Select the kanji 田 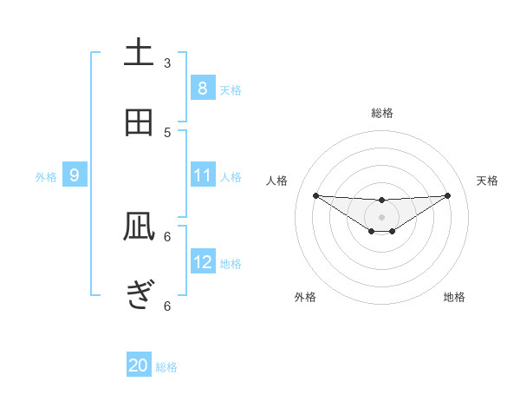(x=139, y=122)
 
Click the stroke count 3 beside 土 (x=167, y=63)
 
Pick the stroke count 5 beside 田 (x=167, y=132)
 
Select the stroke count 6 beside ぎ (x=167, y=306)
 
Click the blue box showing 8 (x=202, y=88)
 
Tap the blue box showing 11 (x=202, y=175)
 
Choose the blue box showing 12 (x=202, y=262)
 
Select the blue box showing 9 (x=75, y=175)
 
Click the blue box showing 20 (x=139, y=365)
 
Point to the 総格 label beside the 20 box (x=166, y=367)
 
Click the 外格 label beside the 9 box (x=46, y=177)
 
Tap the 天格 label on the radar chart (x=488, y=181)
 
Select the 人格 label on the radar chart (x=277, y=181)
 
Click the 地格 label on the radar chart (x=454, y=297)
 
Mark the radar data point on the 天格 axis (x=448, y=195)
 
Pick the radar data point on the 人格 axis (x=315, y=195)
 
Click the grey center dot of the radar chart (x=381, y=217)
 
